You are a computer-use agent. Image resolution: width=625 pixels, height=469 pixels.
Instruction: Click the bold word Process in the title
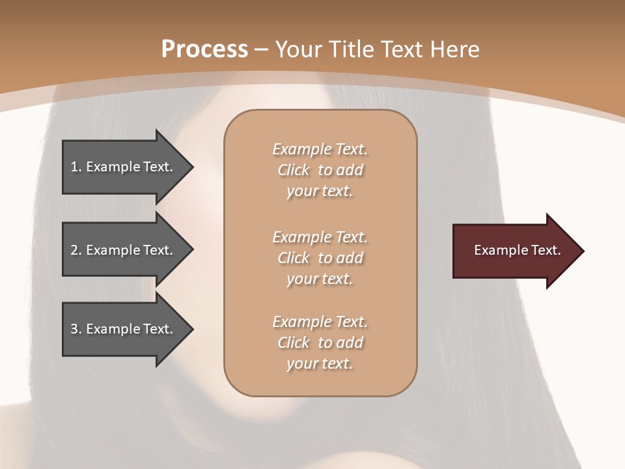tap(204, 49)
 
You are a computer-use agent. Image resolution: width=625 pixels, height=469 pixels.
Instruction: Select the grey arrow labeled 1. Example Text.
tap(124, 167)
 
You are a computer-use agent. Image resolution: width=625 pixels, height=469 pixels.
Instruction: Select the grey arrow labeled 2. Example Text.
tap(124, 250)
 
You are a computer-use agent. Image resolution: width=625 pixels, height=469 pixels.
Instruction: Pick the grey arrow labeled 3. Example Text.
tap(124, 329)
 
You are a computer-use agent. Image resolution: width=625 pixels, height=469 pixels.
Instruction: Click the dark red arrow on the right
tap(514, 251)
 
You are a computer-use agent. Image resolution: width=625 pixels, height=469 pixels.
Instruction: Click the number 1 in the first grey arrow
tap(74, 167)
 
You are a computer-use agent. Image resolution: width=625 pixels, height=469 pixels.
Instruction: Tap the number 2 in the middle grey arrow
tap(74, 250)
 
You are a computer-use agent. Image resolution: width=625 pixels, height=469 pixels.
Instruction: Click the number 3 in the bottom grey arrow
tap(74, 329)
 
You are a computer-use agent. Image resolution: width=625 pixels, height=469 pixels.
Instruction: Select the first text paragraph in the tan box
tap(320, 170)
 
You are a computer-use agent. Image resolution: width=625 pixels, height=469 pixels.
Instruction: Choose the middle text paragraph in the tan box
tap(320, 257)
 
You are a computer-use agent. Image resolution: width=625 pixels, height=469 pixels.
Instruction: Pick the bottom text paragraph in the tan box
tap(320, 343)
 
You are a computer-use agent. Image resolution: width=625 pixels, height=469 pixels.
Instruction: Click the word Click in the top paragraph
tap(293, 170)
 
